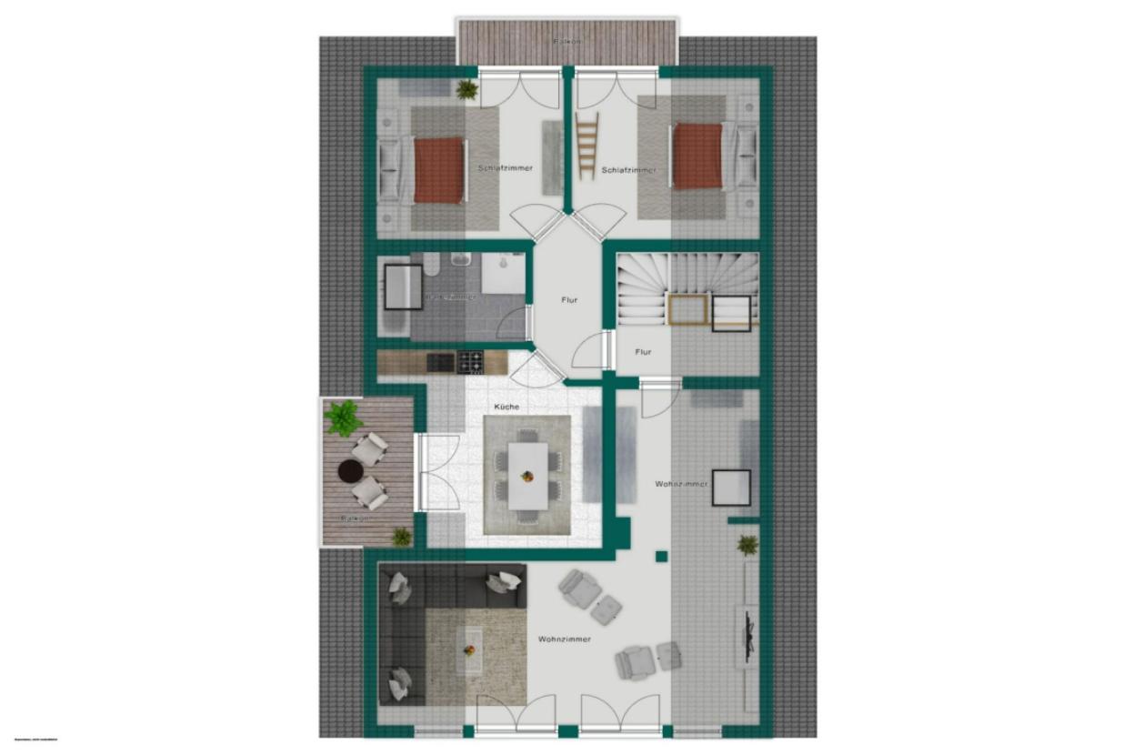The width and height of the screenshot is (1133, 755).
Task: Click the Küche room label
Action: (506, 407)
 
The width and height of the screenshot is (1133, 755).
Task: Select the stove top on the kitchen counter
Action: (469, 362)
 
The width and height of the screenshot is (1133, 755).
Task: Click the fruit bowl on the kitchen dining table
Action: (526, 475)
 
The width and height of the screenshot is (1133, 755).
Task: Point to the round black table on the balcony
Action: (350, 470)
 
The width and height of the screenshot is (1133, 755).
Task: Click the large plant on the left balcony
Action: (344, 418)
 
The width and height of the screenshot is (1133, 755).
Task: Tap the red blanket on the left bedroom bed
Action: (439, 170)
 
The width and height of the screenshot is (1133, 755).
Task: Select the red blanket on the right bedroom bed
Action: (697, 156)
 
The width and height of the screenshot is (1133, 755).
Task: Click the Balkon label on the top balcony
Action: (566, 42)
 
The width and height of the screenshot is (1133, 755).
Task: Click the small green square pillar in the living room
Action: (661, 556)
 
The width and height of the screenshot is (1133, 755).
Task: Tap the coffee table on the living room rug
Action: (470, 649)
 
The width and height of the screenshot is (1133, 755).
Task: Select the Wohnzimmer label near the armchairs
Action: (564, 639)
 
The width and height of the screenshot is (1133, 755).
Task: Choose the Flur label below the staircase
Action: (643, 351)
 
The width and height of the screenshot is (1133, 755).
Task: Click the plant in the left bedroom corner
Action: (466, 88)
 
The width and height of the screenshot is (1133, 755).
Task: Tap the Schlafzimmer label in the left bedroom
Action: (505, 168)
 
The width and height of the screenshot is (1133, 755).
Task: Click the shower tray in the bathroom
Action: (502, 273)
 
